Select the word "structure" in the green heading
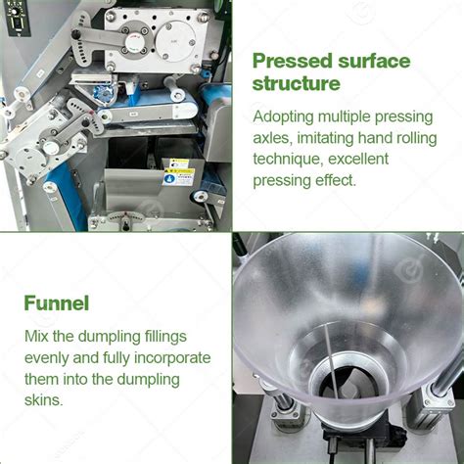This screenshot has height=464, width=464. click(296, 83)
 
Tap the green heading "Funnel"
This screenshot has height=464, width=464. click(57, 303)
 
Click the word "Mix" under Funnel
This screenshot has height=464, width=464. click(37, 338)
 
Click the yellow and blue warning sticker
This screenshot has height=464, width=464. click(177, 171)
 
